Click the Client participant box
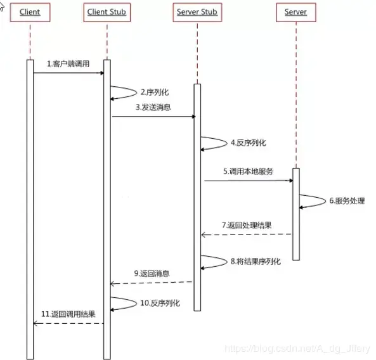(29, 12)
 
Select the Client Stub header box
(107, 12)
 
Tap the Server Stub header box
(197, 12)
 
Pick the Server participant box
(295, 12)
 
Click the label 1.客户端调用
(68, 64)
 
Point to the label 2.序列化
(155, 92)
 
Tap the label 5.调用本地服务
(248, 171)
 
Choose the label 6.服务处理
(347, 200)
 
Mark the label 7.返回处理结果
(247, 225)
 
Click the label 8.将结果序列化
(254, 260)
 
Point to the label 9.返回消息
(151, 273)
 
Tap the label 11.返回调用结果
(68, 314)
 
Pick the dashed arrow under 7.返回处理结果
(247, 235)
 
